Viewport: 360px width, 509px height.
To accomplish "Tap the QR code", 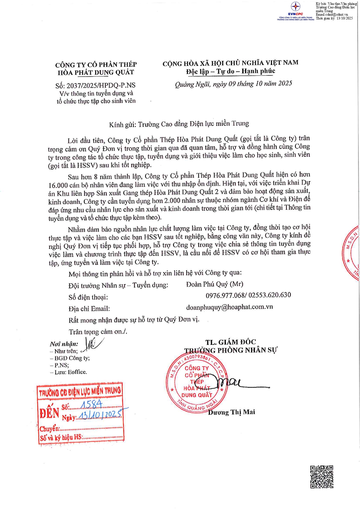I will (x=322, y=477).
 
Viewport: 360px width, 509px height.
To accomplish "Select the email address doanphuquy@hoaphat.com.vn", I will (x=229, y=307).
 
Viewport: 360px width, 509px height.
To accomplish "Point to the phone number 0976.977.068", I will (x=225, y=296).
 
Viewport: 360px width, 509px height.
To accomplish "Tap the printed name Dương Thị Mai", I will (x=231, y=412).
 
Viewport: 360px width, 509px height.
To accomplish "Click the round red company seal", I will (x=197, y=383).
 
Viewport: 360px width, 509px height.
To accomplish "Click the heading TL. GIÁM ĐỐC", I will (x=231, y=342).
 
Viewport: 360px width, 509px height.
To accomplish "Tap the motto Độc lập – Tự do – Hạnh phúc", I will (x=231, y=71).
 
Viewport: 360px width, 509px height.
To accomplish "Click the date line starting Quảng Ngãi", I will (x=233, y=84).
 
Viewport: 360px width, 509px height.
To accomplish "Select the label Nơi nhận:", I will (x=64, y=344).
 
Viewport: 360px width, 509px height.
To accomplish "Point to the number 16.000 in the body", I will (x=58, y=185).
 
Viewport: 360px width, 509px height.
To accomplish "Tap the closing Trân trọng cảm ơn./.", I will (x=98, y=332).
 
